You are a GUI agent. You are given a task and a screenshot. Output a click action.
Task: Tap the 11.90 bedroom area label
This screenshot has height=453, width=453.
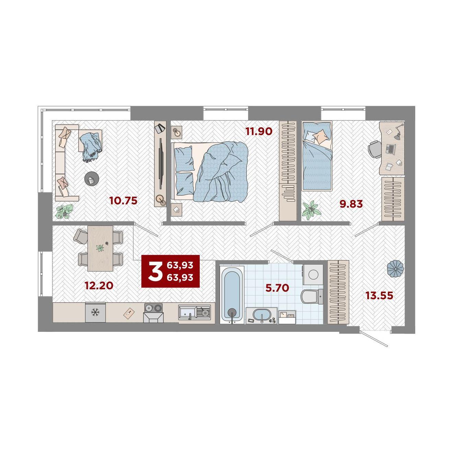pyautogui.click(x=259, y=131)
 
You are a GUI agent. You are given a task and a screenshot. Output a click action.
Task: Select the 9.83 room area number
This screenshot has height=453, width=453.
pyautogui.click(x=351, y=204)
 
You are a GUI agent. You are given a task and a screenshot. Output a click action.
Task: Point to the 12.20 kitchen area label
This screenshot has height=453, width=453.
pyautogui.click(x=99, y=286)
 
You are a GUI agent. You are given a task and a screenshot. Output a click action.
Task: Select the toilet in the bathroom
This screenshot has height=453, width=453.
pyautogui.click(x=311, y=296)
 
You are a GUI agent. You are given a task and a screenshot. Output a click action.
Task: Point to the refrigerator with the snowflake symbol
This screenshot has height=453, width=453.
pyautogui.click(x=95, y=312)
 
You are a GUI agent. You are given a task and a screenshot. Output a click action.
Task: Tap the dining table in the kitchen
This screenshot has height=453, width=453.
pyautogui.click(x=100, y=248)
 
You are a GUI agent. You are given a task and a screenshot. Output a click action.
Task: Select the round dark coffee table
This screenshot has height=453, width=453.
pyautogui.click(x=91, y=179)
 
